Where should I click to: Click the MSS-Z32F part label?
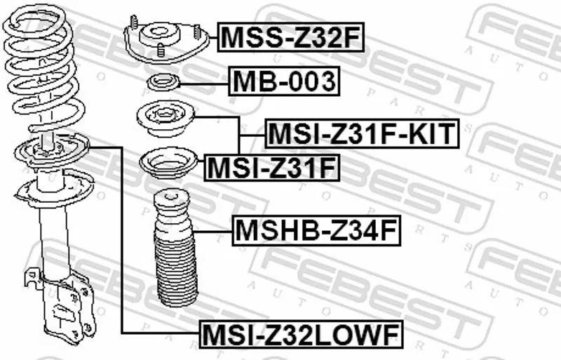click(x=290, y=37)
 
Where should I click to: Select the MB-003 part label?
click(x=284, y=81)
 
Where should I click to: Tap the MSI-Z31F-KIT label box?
click(x=362, y=133)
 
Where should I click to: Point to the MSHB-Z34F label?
click(x=317, y=231)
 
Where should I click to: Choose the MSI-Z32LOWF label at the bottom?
click(x=301, y=334)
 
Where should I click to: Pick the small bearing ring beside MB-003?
click(x=163, y=83)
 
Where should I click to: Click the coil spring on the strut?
click(x=43, y=68)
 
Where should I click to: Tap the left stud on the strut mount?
click(x=134, y=22)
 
